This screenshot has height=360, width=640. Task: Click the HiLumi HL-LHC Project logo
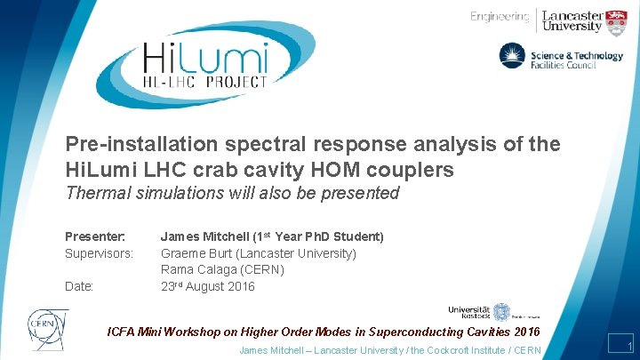(205, 64)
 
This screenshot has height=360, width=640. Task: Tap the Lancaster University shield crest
(617, 21)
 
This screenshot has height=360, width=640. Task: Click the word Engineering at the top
(500, 17)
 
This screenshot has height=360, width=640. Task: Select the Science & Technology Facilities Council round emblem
(513, 57)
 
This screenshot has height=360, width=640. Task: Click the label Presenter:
(95, 236)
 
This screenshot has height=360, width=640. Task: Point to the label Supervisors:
(99, 253)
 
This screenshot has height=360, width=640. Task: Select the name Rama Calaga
(197, 269)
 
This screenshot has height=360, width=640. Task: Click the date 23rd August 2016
(207, 286)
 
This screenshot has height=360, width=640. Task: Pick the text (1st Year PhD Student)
(317, 236)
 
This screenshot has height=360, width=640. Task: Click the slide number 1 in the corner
(628, 346)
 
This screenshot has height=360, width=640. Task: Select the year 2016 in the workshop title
(524, 332)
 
